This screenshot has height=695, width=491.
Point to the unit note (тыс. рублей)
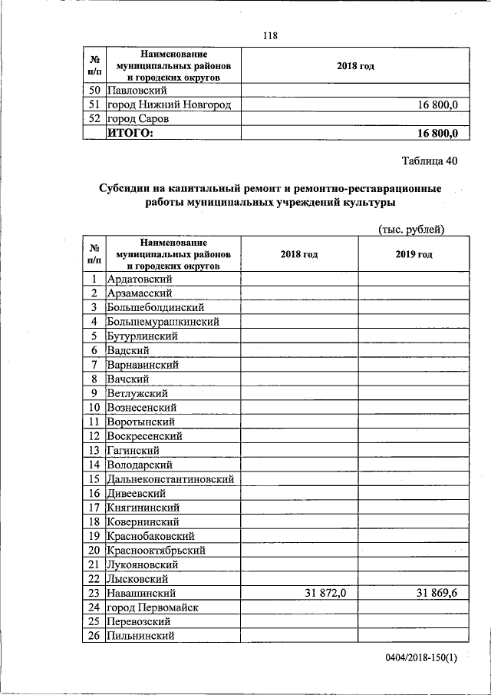[x=412, y=229]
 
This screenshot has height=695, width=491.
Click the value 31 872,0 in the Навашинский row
[x=321, y=593]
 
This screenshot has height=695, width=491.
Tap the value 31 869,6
[x=437, y=593]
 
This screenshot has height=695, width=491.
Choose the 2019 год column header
[x=414, y=254]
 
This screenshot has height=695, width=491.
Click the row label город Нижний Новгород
[x=169, y=104]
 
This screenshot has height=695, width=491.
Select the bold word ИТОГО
[x=130, y=134]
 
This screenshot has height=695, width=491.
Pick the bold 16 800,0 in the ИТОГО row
[x=437, y=134]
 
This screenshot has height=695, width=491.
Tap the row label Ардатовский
[x=140, y=279]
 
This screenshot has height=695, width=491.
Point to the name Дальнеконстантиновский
[x=170, y=479]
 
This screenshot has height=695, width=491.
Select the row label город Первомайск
[x=153, y=607]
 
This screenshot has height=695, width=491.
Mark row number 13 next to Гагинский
[x=94, y=451]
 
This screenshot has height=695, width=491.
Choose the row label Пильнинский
[x=141, y=636]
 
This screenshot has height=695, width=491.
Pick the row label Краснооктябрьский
[x=157, y=551]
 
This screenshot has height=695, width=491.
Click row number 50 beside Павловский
[x=94, y=91]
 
